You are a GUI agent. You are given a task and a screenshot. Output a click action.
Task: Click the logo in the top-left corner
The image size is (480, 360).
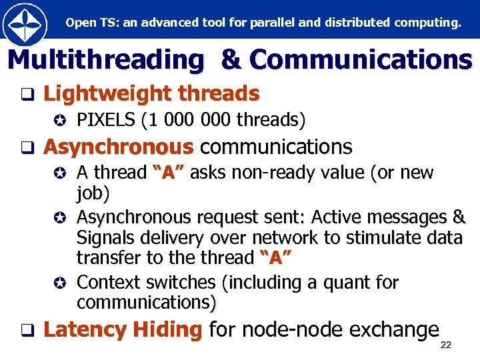pyautogui.click(x=25, y=24)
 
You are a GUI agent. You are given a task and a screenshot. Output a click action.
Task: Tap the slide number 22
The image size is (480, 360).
pyautogui.click(x=446, y=345)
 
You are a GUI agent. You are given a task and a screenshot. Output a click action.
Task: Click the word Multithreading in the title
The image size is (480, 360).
pyautogui.click(x=105, y=60)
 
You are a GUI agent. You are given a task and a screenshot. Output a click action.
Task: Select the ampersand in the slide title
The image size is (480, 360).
pyautogui.click(x=231, y=60)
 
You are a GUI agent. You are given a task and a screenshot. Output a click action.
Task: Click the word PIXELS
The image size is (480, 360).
pyautogui.click(x=101, y=120)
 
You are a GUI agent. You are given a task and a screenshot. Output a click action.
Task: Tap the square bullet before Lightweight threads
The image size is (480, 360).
pyautogui.click(x=27, y=95)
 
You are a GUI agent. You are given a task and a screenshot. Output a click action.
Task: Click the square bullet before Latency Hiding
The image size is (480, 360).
pyautogui.click(x=27, y=329)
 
